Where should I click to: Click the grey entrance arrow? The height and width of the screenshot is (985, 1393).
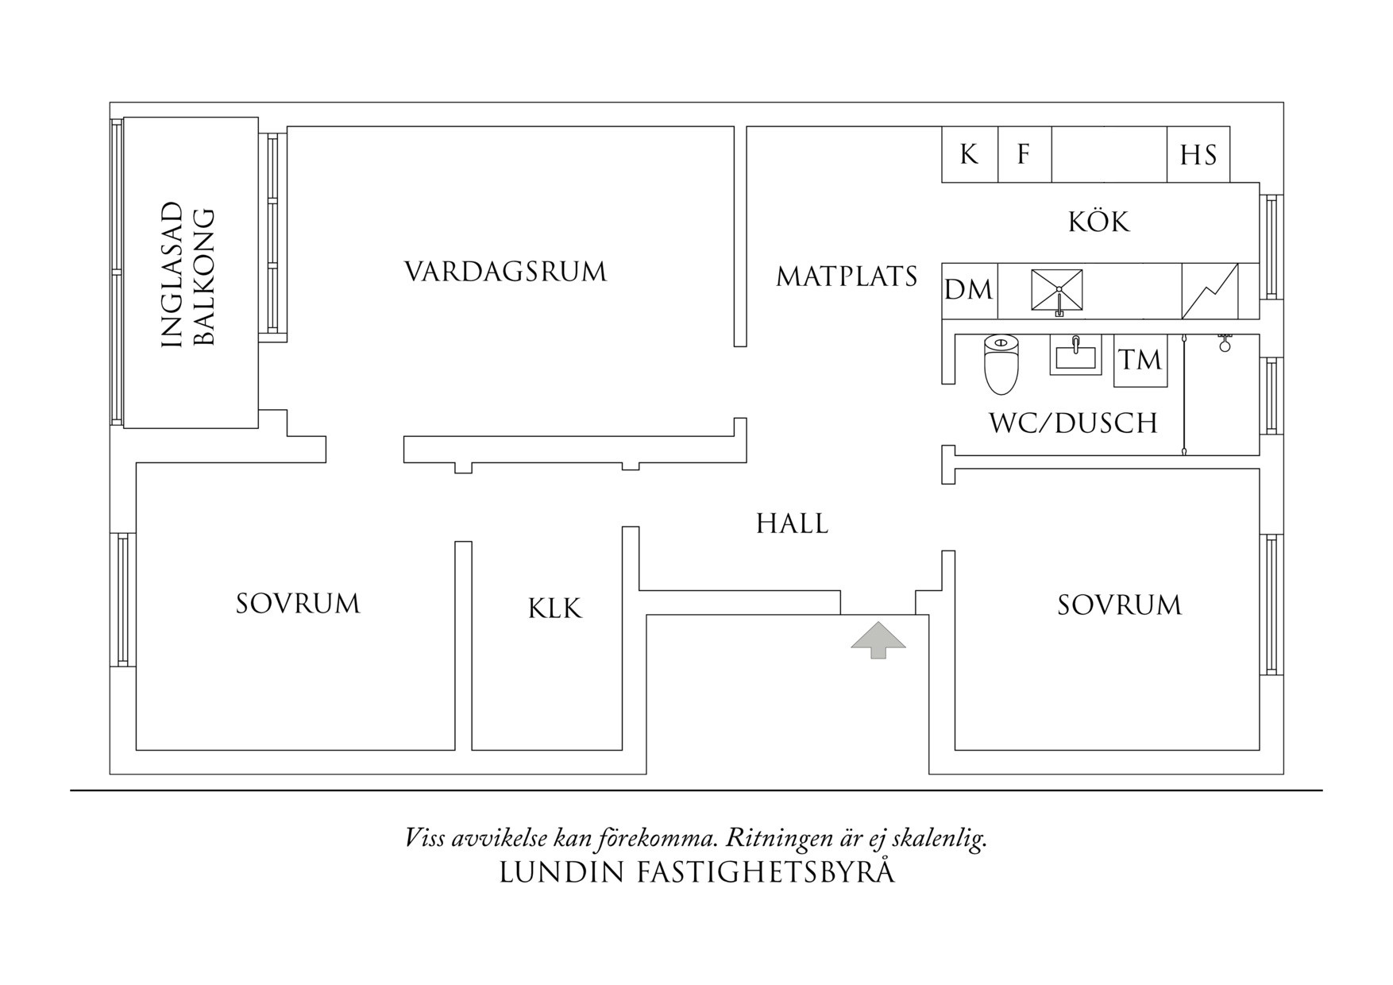pyautogui.click(x=878, y=641)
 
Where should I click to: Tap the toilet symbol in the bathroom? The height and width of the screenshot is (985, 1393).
pyautogui.click(x=1001, y=365)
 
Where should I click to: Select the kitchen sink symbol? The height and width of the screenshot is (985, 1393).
pyautogui.click(x=1056, y=291)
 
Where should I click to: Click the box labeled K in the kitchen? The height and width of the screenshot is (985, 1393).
pyautogui.click(x=969, y=154)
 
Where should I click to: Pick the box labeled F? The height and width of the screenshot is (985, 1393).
pyautogui.click(x=1024, y=154)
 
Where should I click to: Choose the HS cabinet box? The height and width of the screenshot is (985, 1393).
pyautogui.click(x=1198, y=155)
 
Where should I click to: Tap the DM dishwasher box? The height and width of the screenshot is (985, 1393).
pyautogui.click(x=969, y=291)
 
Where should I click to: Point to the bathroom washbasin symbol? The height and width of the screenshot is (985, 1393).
pyautogui.click(x=1076, y=354)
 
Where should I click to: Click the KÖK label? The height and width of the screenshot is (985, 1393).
pyautogui.click(x=1098, y=222)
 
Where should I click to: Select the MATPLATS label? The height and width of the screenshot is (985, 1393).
pyautogui.click(x=847, y=276)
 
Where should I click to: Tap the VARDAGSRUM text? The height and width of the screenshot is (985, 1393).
pyautogui.click(x=506, y=272)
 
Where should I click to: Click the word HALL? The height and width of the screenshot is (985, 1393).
pyautogui.click(x=792, y=523)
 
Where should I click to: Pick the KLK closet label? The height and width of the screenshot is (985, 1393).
pyautogui.click(x=554, y=608)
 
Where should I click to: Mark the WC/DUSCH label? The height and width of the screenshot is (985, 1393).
pyautogui.click(x=1073, y=423)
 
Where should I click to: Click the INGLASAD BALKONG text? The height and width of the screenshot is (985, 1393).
pyautogui.click(x=188, y=276)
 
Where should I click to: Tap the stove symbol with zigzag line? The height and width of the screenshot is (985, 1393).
pyautogui.click(x=1210, y=291)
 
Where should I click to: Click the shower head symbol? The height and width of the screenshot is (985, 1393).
pyautogui.click(x=1225, y=343)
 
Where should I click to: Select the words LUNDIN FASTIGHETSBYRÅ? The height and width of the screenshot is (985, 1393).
pyautogui.click(x=696, y=872)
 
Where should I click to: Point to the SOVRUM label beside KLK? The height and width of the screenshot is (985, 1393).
pyautogui.click(x=298, y=604)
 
